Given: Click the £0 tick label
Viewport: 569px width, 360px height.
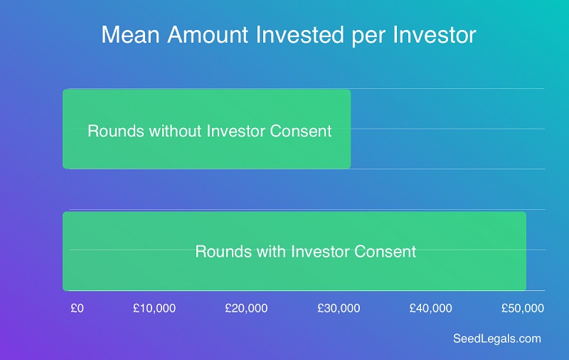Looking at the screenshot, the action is [78, 308].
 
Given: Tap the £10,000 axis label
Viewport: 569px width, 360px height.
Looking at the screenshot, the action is [154, 309].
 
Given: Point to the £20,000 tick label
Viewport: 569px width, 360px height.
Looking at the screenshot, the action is [246, 309].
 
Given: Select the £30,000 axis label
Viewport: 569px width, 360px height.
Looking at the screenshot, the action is [339, 309].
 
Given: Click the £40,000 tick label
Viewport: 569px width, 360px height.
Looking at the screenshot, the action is [431, 309].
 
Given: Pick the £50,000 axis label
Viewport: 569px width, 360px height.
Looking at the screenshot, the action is [523, 309].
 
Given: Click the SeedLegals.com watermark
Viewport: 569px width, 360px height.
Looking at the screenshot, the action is [497, 339].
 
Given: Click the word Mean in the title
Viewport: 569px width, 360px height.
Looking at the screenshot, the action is [131, 35].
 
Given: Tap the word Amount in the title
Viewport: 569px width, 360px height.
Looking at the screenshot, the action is [208, 35].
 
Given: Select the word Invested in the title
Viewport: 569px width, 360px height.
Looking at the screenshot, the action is [299, 35].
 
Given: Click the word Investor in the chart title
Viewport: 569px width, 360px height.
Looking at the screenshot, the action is [435, 35].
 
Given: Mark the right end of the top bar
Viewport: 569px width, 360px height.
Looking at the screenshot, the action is [351, 129].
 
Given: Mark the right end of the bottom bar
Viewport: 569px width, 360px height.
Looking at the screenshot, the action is [526, 251].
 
